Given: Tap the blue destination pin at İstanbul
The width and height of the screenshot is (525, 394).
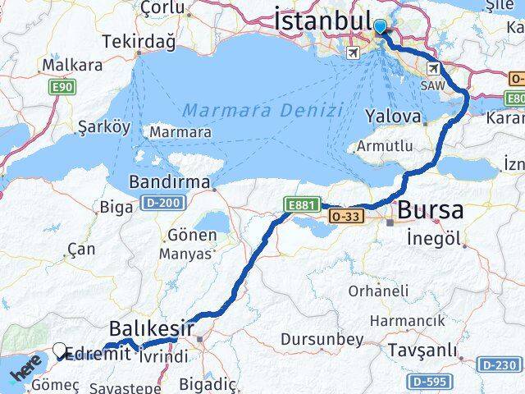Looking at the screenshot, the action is click(381, 27).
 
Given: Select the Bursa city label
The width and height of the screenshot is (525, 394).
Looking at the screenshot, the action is click(430, 210).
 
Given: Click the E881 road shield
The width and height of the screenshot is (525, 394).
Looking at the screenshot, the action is click(300, 204).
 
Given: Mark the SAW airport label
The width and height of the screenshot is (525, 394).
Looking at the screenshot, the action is click(431, 85).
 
